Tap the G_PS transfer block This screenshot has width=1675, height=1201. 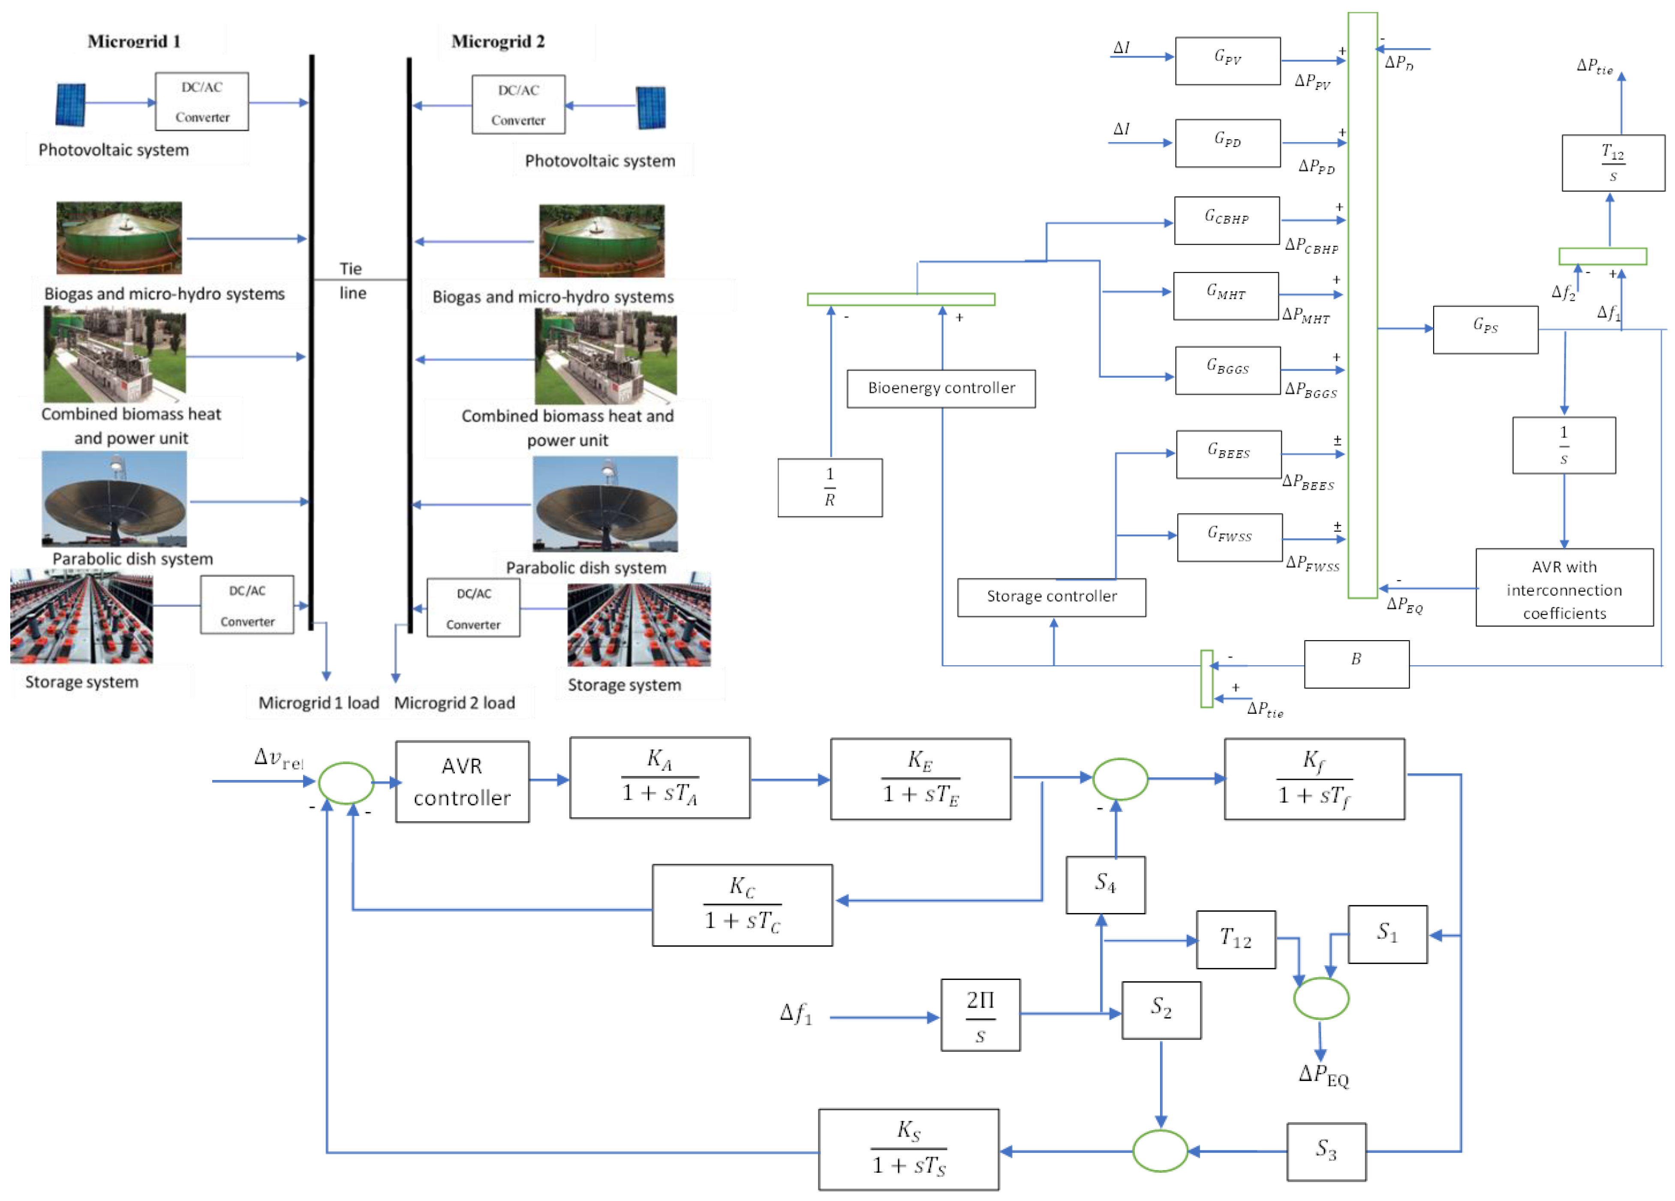tap(1485, 329)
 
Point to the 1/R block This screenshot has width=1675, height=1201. tap(830, 487)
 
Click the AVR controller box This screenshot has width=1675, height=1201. tap(462, 781)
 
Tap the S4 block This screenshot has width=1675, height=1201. tap(1105, 884)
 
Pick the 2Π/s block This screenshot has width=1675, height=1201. tap(980, 1014)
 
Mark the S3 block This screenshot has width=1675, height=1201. tap(1326, 1151)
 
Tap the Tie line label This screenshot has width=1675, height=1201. tap(352, 281)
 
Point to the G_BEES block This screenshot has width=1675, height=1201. tap(1228, 454)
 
